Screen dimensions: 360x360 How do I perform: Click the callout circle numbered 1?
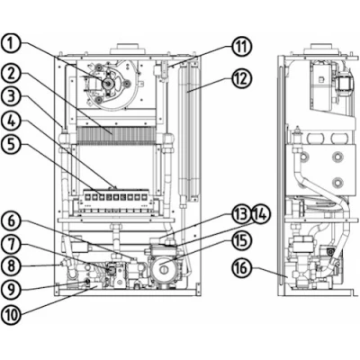tap(11, 43)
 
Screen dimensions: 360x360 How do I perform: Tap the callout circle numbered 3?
tap(11, 97)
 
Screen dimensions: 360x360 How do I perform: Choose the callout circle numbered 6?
tap(11, 222)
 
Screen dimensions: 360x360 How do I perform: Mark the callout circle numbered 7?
tap(11, 245)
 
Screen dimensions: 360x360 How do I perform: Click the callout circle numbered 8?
tap(11, 266)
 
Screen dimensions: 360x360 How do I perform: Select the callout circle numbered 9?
tap(11, 289)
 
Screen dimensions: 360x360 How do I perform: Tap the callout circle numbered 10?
tap(11, 314)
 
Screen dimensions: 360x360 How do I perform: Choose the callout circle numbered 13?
tap(241, 215)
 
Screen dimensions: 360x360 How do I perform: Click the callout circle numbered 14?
tap(261, 215)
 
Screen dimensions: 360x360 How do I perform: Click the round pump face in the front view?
tap(164, 267)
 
